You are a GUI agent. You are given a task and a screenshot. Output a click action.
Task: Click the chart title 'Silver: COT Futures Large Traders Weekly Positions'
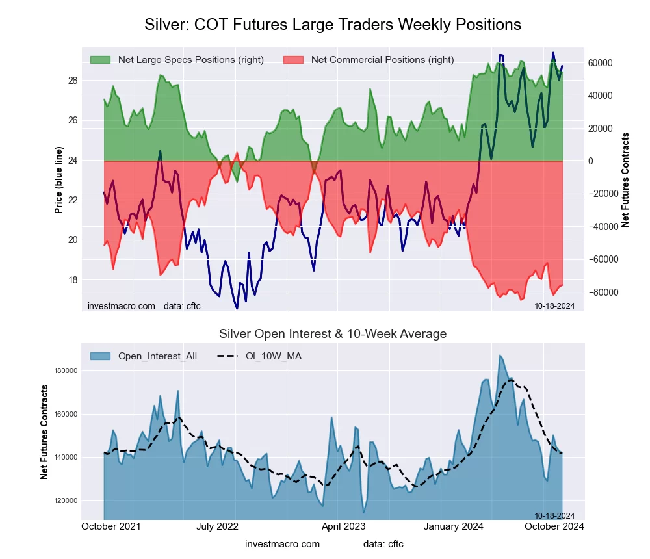pyautogui.click(x=332, y=25)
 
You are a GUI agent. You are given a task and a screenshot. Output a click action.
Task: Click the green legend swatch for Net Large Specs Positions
pyautogui.click(x=101, y=60)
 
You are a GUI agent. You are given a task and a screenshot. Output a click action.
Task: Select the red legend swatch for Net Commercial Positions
pyautogui.click(x=294, y=60)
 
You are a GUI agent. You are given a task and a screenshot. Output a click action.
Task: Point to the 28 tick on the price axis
pyautogui.click(x=73, y=81)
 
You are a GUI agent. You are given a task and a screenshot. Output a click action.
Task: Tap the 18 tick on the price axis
pyautogui.click(x=73, y=280)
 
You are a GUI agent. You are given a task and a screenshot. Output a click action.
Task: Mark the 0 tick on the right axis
pyautogui.click(x=592, y=161)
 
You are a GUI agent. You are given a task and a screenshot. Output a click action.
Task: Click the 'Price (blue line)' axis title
pyautogui.click(x=58, y=180)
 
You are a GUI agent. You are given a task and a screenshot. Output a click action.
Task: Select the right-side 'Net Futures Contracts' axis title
pyautogui.click(x=625, y=180)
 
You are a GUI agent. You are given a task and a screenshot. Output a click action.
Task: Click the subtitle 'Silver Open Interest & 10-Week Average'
pyautogui.click(x=332, y=334)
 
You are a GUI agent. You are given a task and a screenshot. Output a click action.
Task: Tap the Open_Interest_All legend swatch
pyautogui.click(x=101, y=356)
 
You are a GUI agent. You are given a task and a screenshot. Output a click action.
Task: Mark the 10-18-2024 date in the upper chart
pyautogui.click(x=554, y=305)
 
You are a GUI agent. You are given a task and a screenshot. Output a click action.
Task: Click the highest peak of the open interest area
pyautogui.click(x=500, y=356)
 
